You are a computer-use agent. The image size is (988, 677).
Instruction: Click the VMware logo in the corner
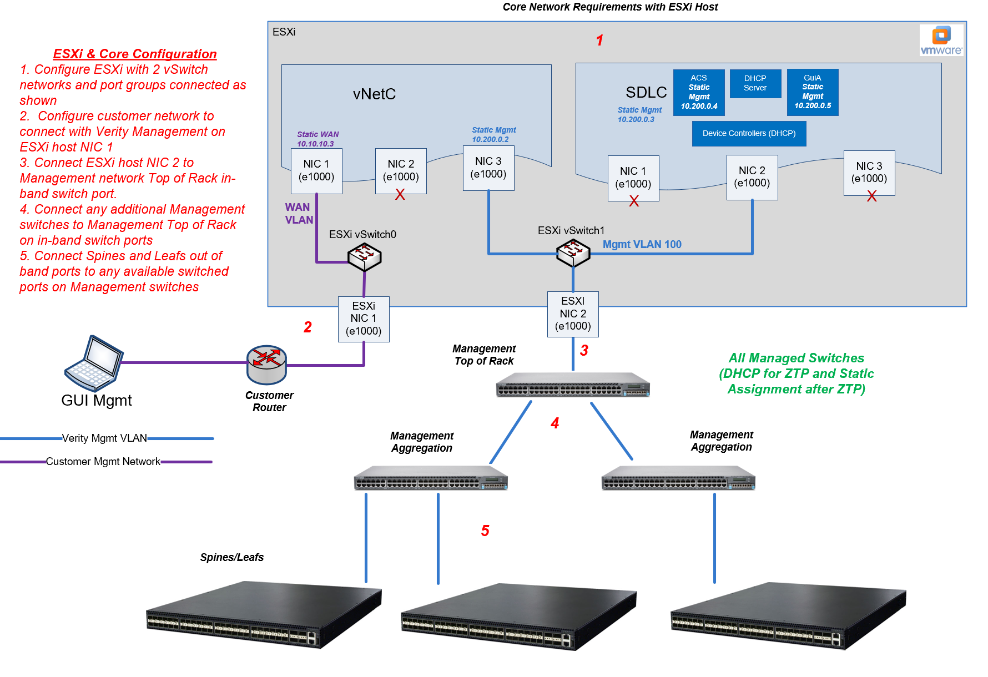point(941,40)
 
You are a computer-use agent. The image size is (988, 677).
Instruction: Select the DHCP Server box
point(755,83)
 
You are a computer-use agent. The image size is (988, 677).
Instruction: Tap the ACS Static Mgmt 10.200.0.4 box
point(699,92)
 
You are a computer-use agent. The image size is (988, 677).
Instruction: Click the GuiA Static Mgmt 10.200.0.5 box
point(813,92)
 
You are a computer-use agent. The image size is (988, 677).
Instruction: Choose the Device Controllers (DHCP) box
point(749,134)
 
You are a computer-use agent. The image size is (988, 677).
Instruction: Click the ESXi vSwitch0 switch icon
point(364,257)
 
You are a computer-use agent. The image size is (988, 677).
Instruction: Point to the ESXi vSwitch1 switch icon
point(573,253)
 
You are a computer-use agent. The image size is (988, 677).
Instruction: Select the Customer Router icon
point(266,365)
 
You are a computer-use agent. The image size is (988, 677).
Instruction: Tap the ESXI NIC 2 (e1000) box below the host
point(573,314)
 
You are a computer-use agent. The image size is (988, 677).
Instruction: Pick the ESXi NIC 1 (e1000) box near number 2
point(364,319)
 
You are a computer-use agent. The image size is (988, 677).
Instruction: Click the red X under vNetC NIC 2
point(400,194)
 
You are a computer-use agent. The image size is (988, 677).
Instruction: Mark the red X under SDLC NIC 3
point(871,196)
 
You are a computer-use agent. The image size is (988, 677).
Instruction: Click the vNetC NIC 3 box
point(488,168)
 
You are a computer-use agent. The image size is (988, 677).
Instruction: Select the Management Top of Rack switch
point(573,385)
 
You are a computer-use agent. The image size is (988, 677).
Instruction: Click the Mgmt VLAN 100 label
point(642,245)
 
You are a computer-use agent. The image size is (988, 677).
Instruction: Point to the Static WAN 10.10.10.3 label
point(317,139)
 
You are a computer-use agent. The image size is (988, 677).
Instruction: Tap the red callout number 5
point(485,531)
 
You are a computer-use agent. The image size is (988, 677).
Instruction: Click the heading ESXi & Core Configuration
point(135,54)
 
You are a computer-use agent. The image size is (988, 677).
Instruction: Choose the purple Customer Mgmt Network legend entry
point(103,462)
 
